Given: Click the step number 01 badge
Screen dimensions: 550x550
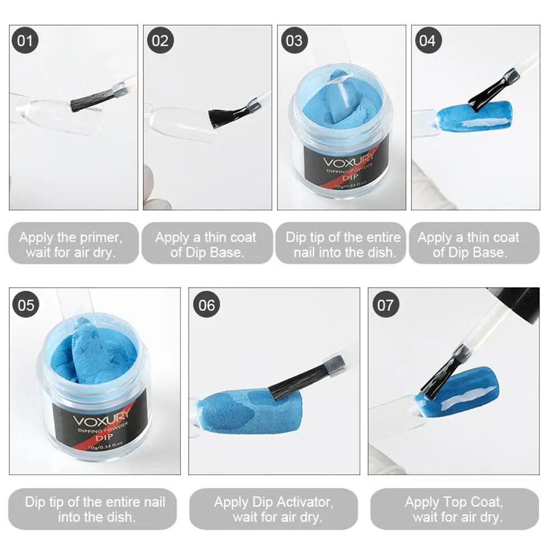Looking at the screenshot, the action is point(25,40).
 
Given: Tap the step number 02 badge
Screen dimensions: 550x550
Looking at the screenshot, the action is point(160,40).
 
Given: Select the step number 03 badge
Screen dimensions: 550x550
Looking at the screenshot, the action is point(295,40).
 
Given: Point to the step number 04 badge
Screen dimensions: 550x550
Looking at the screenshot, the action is point(428,40).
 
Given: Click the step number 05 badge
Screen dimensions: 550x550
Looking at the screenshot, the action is point(26,304).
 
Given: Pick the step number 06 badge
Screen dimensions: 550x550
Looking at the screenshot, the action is point(207,304).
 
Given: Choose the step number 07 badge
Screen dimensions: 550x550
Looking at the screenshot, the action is point(386,304).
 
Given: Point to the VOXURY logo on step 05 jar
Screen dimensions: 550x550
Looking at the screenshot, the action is point(101,419).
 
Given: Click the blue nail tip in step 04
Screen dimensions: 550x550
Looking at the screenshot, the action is point(474,116).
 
